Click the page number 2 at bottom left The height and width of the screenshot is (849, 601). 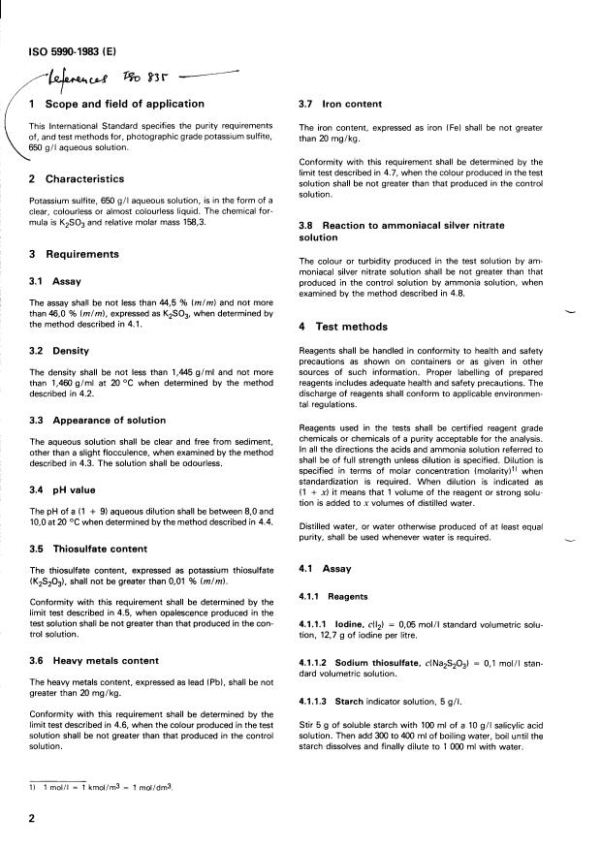pos(32,819)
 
